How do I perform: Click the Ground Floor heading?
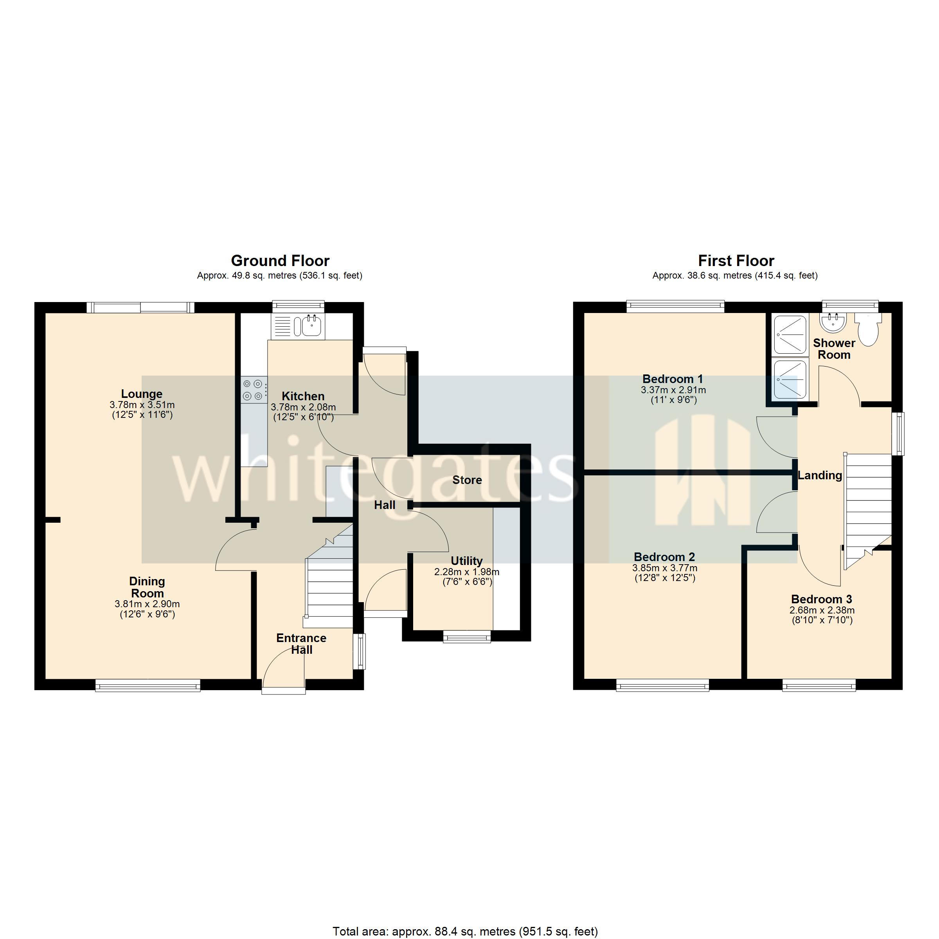point(280,261)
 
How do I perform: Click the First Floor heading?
point(736,261)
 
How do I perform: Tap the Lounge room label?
point(142,394)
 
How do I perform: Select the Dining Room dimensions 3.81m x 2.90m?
point(147,604)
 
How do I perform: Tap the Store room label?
point(467,480)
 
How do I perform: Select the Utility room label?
point(467,561)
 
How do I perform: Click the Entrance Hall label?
point(301,644)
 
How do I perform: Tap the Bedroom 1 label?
point(673,379)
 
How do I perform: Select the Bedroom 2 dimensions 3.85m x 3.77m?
point(665,568)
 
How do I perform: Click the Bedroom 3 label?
point(821,599)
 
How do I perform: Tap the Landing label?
point(820,475)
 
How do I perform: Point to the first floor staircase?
point(868,510)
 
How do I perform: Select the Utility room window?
point(467,637)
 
